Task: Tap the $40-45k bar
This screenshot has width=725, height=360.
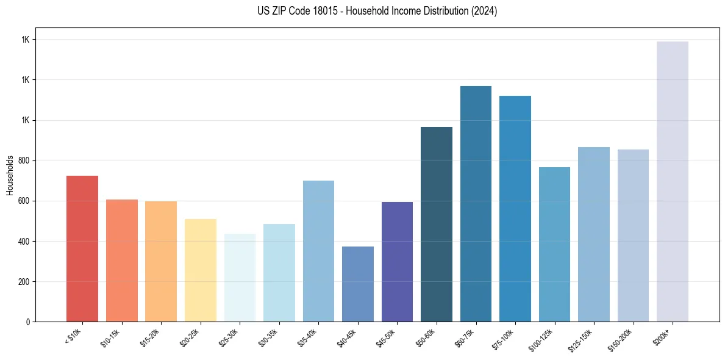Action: coord(357,284)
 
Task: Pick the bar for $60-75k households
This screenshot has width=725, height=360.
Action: coord(476,204)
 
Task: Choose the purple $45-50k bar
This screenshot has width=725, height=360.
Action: coord(397,262)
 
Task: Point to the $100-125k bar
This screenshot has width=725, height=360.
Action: coord(554,244)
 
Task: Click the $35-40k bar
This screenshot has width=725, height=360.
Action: coord(318,251)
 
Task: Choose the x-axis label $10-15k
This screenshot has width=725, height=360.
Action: coord(110,339)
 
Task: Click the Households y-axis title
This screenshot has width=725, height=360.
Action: coord(10,175)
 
